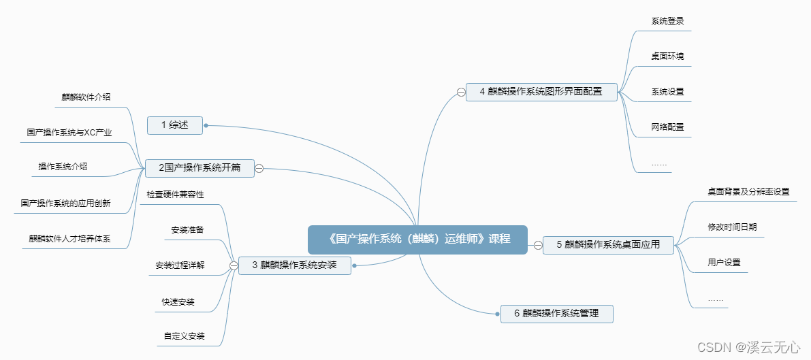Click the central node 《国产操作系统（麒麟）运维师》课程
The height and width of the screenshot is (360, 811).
point(417,239)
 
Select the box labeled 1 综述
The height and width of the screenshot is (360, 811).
point(175,125)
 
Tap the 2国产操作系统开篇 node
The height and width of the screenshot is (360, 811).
point(200,168)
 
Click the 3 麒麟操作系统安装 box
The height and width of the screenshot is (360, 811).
point(294,265)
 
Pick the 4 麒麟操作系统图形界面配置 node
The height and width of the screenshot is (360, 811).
point(541,91)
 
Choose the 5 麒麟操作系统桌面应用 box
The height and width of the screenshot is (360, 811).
point(608,245)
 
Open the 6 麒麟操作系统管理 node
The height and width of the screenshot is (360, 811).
point(556,313)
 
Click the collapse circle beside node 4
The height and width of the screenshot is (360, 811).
point(461,92)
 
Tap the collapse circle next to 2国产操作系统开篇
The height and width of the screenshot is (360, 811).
point(259,168)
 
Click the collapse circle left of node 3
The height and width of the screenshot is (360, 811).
point(233,265)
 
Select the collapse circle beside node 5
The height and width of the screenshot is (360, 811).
point(537,245)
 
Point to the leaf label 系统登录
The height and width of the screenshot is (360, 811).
point(667,21)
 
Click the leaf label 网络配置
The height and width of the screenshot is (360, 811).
point(667,127)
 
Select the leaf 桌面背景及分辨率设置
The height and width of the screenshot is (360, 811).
point(748,192)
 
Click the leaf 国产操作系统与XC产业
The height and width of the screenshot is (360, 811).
point(69,133)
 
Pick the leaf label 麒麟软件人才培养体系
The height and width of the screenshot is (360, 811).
point(69,238)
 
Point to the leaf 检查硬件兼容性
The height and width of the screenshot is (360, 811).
point(175,195)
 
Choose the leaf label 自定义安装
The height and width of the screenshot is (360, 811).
point(184,336)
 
